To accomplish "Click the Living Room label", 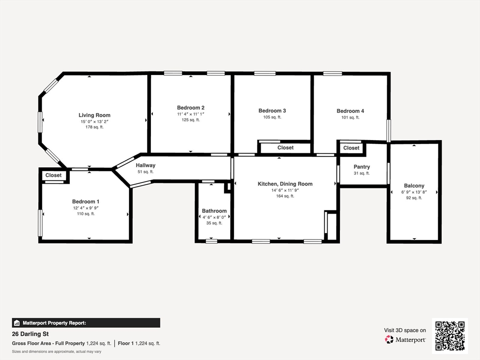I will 94,115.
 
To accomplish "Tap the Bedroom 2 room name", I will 190,108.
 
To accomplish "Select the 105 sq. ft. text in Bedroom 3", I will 272,118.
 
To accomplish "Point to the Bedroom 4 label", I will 350,111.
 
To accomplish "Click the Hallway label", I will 145,165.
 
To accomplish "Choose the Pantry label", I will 361,167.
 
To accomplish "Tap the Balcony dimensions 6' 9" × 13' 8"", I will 414,192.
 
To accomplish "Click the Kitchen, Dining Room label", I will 285,184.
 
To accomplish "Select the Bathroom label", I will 214,211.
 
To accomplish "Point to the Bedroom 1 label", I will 86,202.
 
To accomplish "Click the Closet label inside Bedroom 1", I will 53,175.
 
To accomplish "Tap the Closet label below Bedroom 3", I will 285,148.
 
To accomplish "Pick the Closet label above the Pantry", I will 351,148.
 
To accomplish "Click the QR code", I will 450,336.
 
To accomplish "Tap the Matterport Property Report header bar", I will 86,323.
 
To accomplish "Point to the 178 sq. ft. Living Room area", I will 94,127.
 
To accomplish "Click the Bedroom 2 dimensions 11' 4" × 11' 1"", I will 190,114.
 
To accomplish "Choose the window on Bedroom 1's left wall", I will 40,223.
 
